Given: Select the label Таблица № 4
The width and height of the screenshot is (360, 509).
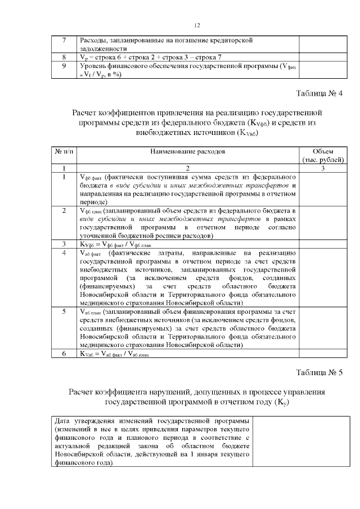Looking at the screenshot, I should click(318, 92).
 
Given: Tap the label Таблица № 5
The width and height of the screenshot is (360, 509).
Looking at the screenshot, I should click(318, 372).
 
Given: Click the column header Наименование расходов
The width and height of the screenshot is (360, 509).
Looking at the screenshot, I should click(187, 152).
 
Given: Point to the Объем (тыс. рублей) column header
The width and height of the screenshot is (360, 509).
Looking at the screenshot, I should click(322, 155).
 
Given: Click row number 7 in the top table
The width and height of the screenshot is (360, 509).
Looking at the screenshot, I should click(64, 40).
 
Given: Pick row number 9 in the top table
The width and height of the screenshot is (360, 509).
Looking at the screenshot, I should click(64, 66).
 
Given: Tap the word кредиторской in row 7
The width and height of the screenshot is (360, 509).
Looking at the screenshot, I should click(230, 40).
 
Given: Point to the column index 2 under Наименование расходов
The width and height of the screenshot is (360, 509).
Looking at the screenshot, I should click(187, 168).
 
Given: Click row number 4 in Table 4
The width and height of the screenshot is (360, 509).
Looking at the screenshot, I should click(64, 253).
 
